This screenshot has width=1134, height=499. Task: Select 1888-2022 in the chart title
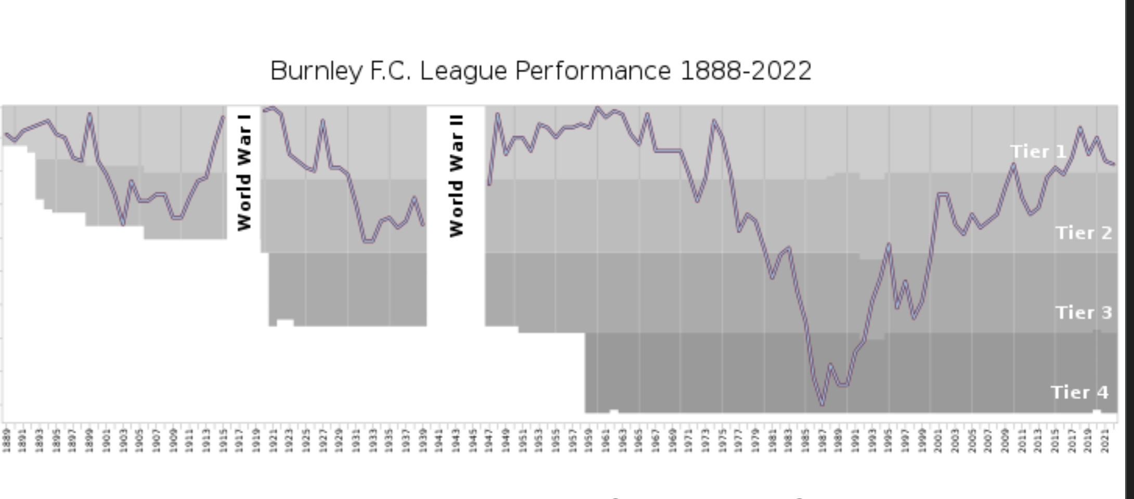(746, 71)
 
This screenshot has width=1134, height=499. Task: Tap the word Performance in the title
(593, 71)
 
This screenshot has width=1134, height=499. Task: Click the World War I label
(244, 172)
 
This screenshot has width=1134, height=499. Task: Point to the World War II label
(456, 176)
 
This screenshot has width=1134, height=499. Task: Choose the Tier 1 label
(1038, 152)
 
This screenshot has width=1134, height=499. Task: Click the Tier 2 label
(1084, 233)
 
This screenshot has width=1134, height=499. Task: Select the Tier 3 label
(1084, 313)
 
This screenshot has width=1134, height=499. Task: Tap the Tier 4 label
(1079, 392)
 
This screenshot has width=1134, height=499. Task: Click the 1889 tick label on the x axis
(6, 440)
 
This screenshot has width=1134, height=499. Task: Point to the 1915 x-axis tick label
(223, 440)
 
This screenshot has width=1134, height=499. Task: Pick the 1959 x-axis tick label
(589, 440)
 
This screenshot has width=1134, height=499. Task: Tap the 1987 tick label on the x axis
(822, 440)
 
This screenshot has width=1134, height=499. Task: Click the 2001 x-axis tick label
(939, 440)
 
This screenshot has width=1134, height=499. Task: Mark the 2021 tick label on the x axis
(1105, 440)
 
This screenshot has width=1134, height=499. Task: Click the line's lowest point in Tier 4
(822, 403)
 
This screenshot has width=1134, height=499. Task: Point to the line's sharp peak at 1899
(89, 115)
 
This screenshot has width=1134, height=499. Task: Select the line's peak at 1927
(323, 123)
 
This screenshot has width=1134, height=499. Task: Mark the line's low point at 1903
(123, 224)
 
